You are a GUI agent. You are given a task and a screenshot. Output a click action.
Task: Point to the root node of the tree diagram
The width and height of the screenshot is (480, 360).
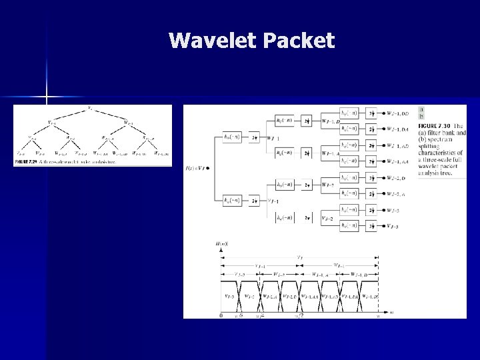(90, 109)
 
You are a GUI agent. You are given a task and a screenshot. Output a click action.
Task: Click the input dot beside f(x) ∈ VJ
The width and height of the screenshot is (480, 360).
(209, 168)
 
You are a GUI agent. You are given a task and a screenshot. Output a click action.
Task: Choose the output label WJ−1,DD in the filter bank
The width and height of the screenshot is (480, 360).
(397, 114)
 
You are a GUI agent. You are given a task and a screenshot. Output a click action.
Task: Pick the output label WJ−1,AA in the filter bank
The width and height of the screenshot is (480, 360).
(398, 162)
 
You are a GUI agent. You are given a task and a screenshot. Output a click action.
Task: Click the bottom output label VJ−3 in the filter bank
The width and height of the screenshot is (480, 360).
(393, 227)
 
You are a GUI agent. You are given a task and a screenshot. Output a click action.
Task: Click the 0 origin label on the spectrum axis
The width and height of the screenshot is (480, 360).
(221, 315)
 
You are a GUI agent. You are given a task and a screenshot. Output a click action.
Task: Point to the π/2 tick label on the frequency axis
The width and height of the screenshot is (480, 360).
(299, 315)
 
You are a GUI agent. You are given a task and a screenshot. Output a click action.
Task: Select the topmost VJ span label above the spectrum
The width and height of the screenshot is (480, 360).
(299, 256)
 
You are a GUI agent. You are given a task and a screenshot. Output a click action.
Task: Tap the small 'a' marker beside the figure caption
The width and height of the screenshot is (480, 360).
(421, 109)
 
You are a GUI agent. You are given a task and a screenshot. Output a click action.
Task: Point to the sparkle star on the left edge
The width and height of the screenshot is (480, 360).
(47, 99)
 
